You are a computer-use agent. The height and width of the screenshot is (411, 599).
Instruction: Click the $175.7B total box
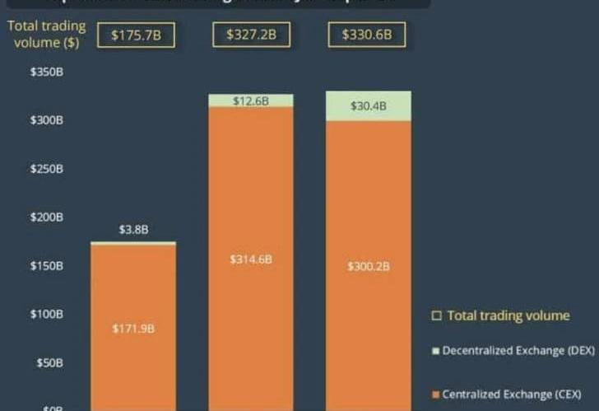click(136, 35)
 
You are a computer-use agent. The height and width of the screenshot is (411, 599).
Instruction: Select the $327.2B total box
click(251, 35)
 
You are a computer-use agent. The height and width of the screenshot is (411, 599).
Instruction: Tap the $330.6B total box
click(366, 35)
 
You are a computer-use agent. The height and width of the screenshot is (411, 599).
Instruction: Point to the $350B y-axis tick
click(47, 72)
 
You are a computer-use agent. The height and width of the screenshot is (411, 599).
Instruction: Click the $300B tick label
click(47, 121)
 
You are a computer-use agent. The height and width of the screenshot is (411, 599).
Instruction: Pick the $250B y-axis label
click(47, 170)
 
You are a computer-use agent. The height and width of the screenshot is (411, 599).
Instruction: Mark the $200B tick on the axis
click(47, 217)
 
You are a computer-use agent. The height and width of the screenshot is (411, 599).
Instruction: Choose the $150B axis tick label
click(47, 266)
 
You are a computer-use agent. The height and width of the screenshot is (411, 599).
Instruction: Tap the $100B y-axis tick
click(47, 314)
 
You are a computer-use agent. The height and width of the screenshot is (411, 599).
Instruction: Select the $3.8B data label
click(133, 230)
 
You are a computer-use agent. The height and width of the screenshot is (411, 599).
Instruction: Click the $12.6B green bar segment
click(251, 101)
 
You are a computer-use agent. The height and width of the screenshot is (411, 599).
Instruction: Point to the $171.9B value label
click(133, 329)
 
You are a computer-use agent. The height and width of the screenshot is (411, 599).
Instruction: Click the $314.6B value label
click(251, 259)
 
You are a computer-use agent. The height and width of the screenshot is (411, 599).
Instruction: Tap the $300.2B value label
click(368, 267)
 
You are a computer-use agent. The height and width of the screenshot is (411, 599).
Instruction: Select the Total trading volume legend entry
click(500, 315)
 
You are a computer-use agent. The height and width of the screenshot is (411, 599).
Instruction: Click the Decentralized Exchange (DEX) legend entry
click(513, 351)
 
